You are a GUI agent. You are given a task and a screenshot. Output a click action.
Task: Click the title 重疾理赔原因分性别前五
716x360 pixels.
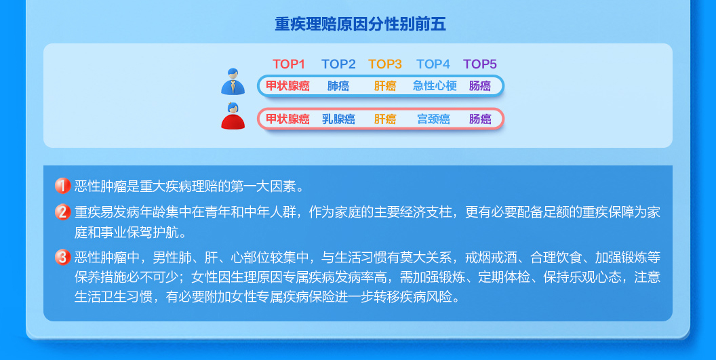click(360, 24)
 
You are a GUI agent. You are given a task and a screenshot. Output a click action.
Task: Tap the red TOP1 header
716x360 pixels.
click(289, 64)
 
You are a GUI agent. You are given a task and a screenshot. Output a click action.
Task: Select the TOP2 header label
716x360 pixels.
click(338, 64)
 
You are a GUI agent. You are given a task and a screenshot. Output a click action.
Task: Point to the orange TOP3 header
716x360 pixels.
click(385, 64)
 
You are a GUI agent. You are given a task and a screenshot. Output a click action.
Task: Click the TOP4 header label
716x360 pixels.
click(433, 64)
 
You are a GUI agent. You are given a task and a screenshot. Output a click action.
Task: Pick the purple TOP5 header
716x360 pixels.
click(480, 64)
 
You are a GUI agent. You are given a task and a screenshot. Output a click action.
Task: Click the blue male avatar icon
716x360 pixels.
click(233, 81)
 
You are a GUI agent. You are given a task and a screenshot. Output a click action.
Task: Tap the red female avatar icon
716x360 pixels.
click(233, 116)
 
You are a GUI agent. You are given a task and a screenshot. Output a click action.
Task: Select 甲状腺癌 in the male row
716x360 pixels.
click(287, 86)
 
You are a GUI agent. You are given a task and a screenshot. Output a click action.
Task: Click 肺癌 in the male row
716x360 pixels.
click(338, 86)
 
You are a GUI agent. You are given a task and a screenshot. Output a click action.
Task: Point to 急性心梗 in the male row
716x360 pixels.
click(435, 86)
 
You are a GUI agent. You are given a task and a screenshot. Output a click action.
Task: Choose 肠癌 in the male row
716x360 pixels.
click(480, 86)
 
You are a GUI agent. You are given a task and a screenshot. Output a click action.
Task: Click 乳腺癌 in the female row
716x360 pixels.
click(338, 119)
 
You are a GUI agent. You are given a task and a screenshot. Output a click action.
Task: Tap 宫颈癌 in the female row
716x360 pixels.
click(433, 119)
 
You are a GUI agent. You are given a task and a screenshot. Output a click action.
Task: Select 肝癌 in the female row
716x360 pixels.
click(385, 119)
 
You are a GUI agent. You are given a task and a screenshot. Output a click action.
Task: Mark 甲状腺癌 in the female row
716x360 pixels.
click(287, 119)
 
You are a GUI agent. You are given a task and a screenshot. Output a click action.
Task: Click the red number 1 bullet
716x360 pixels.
click(62, 186)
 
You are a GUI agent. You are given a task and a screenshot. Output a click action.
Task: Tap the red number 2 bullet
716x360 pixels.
click(62, 212)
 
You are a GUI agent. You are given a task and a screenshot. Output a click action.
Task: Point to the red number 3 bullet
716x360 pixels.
click(62, 257)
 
